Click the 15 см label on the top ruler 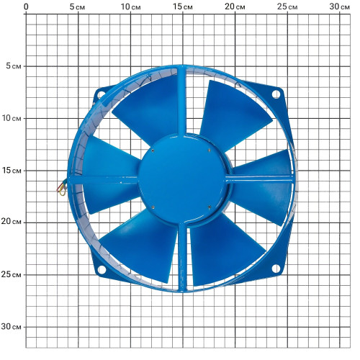(183, 6)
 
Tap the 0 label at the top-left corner (26, 7)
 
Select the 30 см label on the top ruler (339, 6)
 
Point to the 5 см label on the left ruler (14, 66)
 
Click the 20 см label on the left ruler (11, 222)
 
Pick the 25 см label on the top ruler (287, 6)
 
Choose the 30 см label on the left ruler (11, 326)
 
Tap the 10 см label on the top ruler (130, 6)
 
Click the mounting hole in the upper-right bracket (276, 94)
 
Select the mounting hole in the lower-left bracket (102, 269)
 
